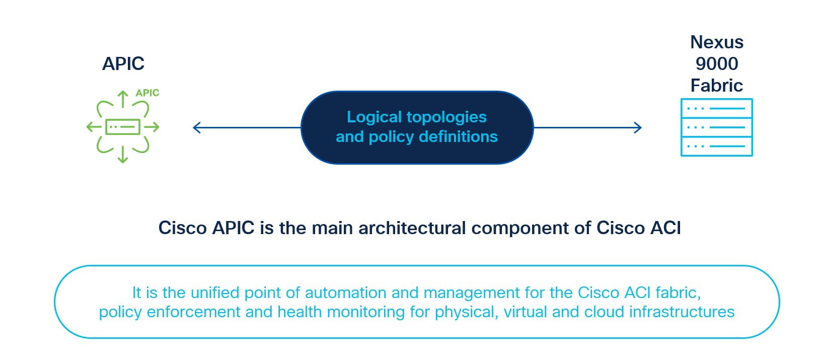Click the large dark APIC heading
(x=123, y=64)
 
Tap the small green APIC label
(x=147, y=93)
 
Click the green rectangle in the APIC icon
(x=123, y=127)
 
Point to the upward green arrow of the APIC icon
(x=123, y=99)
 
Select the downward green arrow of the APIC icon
(x=123, y=155)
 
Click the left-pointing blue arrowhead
(x=197, y=127)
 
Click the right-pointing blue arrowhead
(x=638, y=127)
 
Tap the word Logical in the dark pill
(x=375, y=117)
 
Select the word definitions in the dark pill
(x=458, y=136)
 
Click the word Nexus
(x=717, y=42)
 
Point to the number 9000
(x=717, y=64)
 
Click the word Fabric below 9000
(x=716, y=86)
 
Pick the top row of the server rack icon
(x=717, y=108)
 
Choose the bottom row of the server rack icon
(x=717, y=147)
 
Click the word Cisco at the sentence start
(x=183, y=228)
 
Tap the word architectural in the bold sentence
(x=412, y=228)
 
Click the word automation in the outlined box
(x=345, y=293)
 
